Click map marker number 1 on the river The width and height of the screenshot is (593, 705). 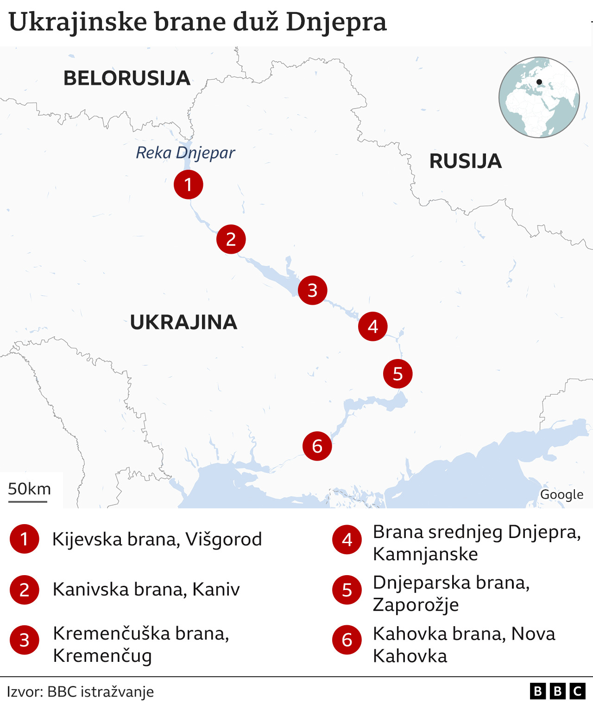(188, 185)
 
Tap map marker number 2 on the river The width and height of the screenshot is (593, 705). (231, 239)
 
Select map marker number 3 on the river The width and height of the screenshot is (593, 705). (312, 290)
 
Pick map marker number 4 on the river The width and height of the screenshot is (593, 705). (372, 327)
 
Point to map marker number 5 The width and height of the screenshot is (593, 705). (397, 374)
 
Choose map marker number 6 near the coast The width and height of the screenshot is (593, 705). (317, 446)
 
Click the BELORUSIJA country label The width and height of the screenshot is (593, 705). (127, 78)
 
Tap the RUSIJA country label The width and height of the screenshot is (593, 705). (465, 161)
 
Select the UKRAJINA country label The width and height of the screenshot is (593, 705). (183, 322)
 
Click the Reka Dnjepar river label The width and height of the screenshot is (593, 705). (185, 153)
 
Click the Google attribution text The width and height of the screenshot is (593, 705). (561, 495)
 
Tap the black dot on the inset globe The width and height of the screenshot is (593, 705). (539, 82)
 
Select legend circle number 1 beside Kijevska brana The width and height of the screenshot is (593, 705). (24, 539)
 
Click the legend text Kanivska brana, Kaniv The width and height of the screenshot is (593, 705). (146, 590)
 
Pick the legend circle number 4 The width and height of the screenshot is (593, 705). (347, 540)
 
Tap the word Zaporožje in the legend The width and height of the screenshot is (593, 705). (416, 605)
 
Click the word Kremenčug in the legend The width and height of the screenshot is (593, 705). (102, 656)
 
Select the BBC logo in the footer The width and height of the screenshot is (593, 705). (557, 692)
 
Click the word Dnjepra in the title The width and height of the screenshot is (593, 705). (336, 22)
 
